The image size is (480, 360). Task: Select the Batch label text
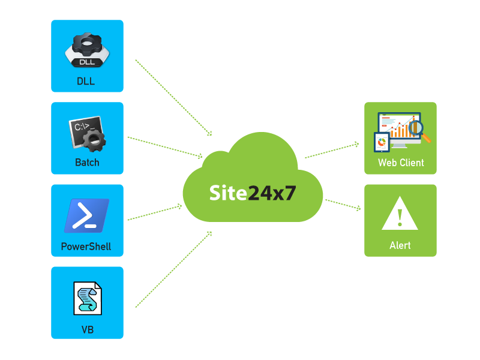pos(87,163)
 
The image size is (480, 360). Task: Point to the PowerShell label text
pos(86,247)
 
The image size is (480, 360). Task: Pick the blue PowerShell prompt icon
pos(87,215)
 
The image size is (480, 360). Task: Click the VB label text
pos(88,329)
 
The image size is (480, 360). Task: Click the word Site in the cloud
pos(227,193)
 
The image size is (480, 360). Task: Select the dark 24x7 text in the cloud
pos(271,193)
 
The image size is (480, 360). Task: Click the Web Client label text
pos(401,163)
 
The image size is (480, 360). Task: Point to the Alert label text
pos(400,246)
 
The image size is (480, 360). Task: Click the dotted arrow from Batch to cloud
pos(165,147)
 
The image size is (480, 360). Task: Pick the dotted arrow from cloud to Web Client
pos(332,151)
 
